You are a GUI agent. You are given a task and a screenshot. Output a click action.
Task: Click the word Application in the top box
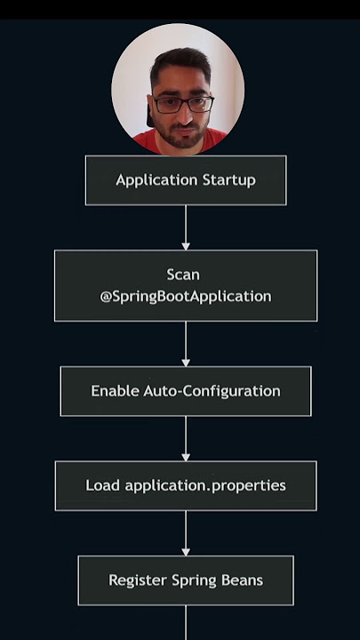point(150,180)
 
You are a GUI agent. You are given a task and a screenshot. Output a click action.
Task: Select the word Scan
point(183,275)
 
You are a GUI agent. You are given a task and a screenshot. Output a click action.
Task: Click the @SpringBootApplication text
point(186,297)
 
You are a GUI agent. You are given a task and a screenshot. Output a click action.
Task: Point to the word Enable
point(115,391)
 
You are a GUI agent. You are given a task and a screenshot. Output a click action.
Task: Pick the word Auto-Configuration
point(212,391)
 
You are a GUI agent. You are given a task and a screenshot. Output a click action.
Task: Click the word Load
point(102,485)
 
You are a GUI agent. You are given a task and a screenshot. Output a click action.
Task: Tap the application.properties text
point(205,486)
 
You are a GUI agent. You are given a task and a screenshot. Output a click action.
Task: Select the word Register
point(138,580)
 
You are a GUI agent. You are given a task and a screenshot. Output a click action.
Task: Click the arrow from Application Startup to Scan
point(186,228)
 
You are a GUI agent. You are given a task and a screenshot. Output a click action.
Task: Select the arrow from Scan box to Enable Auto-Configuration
point(186,344)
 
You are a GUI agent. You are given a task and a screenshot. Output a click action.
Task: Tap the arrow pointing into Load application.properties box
point(186,439)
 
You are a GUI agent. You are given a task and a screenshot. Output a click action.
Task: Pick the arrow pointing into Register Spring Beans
point(186,533)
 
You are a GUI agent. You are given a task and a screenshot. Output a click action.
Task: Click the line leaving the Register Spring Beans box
point(186,623)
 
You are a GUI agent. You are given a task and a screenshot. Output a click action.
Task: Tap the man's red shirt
point(180,142)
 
